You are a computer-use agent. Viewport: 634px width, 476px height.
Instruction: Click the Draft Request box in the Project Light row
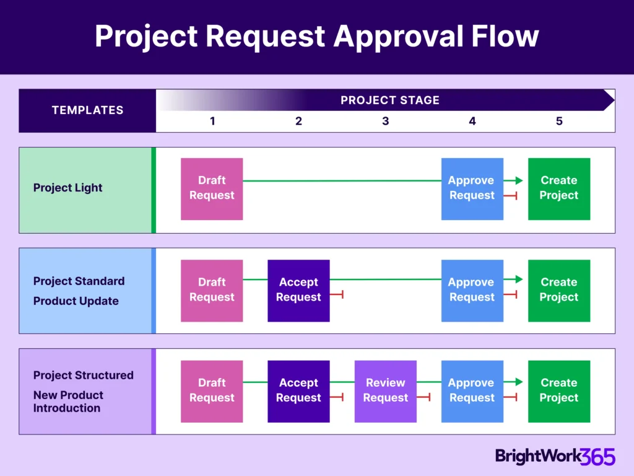tap(212, 188)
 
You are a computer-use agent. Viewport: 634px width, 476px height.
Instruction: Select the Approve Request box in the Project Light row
tap(472, 188)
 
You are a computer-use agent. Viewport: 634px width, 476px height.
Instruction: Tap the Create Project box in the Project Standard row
tap(558, 290)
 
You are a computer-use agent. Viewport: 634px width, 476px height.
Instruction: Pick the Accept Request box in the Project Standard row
tap(298, 290)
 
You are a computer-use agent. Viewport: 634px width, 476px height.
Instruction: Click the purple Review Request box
tap(385, 391)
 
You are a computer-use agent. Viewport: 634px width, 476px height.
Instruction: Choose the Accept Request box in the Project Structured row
tap(298, 391)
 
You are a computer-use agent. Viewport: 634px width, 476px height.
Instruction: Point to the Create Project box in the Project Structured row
tap(558, 391)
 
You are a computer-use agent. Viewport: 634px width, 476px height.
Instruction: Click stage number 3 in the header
tap(385, 121)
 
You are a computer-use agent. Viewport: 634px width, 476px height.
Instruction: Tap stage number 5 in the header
tap(558, 121)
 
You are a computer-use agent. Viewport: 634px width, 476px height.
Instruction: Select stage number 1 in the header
tap(212, 121)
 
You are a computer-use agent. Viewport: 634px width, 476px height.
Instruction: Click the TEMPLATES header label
tap(87, 110)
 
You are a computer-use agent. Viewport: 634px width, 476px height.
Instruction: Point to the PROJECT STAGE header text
tap(389, 100)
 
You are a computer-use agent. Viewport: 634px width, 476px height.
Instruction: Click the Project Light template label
tap(67, 188)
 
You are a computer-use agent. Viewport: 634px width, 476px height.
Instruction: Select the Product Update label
tap(76, 301)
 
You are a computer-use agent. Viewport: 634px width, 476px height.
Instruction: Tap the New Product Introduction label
tap(68, 402)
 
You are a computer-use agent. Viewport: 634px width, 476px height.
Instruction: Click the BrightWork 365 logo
tap(555, 457)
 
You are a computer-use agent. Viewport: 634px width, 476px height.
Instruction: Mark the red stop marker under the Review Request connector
tap(424, 397)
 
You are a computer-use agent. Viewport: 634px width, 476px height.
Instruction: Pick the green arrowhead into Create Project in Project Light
tap(518, 180)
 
